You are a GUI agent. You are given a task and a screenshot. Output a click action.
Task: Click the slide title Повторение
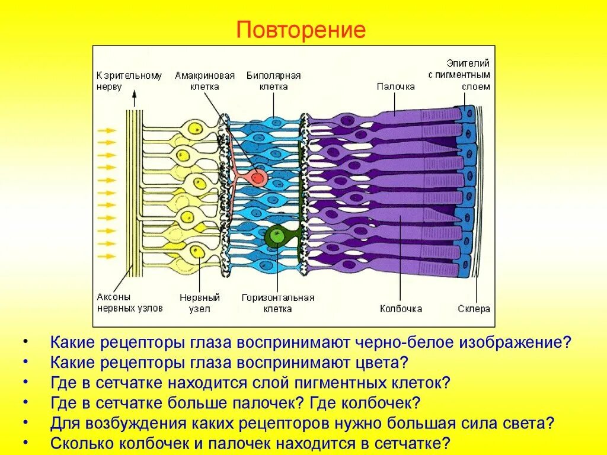[301, 30]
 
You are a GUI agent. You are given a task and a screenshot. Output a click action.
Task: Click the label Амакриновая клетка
[205, 81]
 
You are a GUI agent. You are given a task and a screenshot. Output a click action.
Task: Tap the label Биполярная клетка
[273, 81]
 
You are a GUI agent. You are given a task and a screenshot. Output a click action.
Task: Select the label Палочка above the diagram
[395, 86]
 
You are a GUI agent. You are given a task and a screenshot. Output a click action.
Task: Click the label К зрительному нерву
[129, 81]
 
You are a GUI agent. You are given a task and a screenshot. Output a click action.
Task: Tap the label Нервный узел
[200, 303]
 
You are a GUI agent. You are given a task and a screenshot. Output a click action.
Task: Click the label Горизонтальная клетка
[278, 303]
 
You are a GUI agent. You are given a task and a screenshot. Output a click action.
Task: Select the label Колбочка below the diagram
[401, 309]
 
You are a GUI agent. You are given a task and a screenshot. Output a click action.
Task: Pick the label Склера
[474, 309]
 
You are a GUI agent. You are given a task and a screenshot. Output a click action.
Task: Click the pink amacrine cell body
[257, 176]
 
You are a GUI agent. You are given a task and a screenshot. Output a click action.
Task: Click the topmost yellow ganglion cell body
[194, 129]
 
